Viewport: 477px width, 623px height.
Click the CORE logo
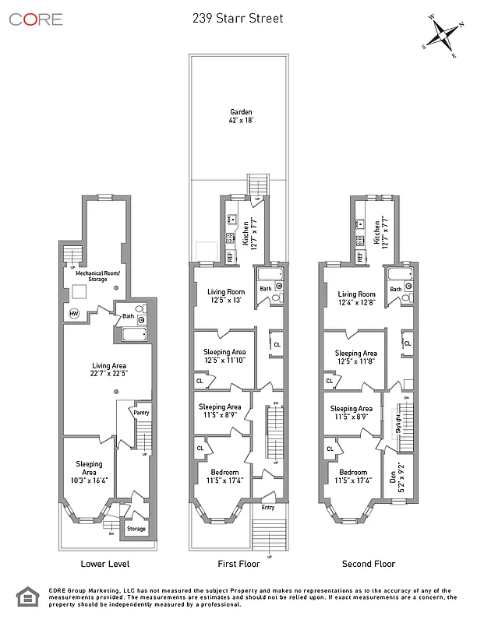click(x=36, y=19)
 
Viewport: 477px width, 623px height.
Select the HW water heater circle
click(x=74, y=313)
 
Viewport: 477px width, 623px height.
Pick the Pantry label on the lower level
click(x=141, y=413)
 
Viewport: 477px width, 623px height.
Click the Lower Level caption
click(x=105, y=564)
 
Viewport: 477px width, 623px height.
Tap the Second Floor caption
click(x=369, y=564)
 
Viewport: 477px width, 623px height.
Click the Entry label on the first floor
click(x=268, y=507)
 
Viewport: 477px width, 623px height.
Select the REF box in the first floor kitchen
click(x=231, y=255)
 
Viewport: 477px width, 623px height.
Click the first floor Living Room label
click(x=224, y=296)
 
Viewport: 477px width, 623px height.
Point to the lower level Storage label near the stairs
click(x=136, y=530)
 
